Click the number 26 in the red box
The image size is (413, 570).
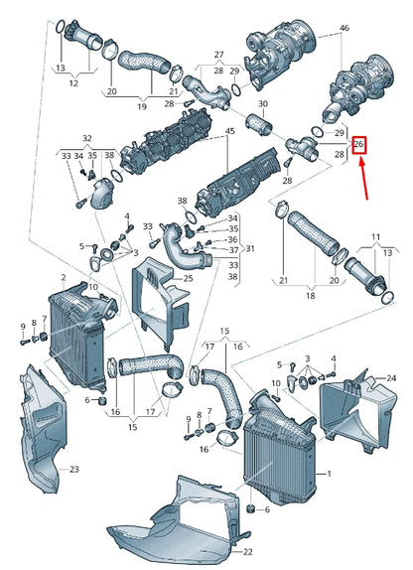(360, 145)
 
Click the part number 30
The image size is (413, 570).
(263, 104)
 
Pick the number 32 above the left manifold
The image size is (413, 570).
(86, 138)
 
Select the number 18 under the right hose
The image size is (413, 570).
(311, 296)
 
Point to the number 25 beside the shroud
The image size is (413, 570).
(185, 280)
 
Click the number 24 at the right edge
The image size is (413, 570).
(391, 379)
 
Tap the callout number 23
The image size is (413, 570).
(74, 467)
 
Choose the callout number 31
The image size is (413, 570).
(250, 248)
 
